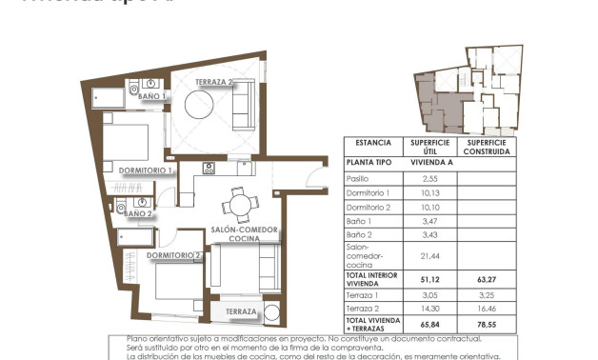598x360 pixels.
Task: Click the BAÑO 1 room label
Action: coord(152,96)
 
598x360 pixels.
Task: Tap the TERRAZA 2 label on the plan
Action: coord(216,83)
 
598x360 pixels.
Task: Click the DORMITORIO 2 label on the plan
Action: coord(173,255)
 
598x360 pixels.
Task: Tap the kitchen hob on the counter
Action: coord(209,170)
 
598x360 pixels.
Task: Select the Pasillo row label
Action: coord(357,178)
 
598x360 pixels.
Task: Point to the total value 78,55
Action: coord(488,324)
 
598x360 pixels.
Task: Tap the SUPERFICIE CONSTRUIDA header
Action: coord(488,147)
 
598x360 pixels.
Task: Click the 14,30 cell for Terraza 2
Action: coord(429,310)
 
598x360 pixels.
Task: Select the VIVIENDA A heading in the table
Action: coord(429,163)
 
